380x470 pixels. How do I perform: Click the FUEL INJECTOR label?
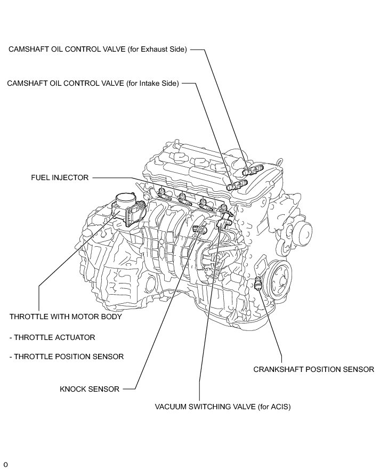(59, 177)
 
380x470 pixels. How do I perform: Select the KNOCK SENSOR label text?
(90, 388)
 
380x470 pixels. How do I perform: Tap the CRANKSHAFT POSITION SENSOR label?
(313, 369)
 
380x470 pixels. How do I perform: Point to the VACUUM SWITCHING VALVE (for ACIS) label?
(223, 406)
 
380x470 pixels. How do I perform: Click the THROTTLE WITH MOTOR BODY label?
(66, 317)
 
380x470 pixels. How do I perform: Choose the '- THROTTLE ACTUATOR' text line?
(52, 337)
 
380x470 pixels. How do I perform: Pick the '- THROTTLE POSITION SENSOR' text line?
(67, 356)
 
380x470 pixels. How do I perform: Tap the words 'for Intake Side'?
(153, 83)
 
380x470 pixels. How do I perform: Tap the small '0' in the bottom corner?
(5, 465)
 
